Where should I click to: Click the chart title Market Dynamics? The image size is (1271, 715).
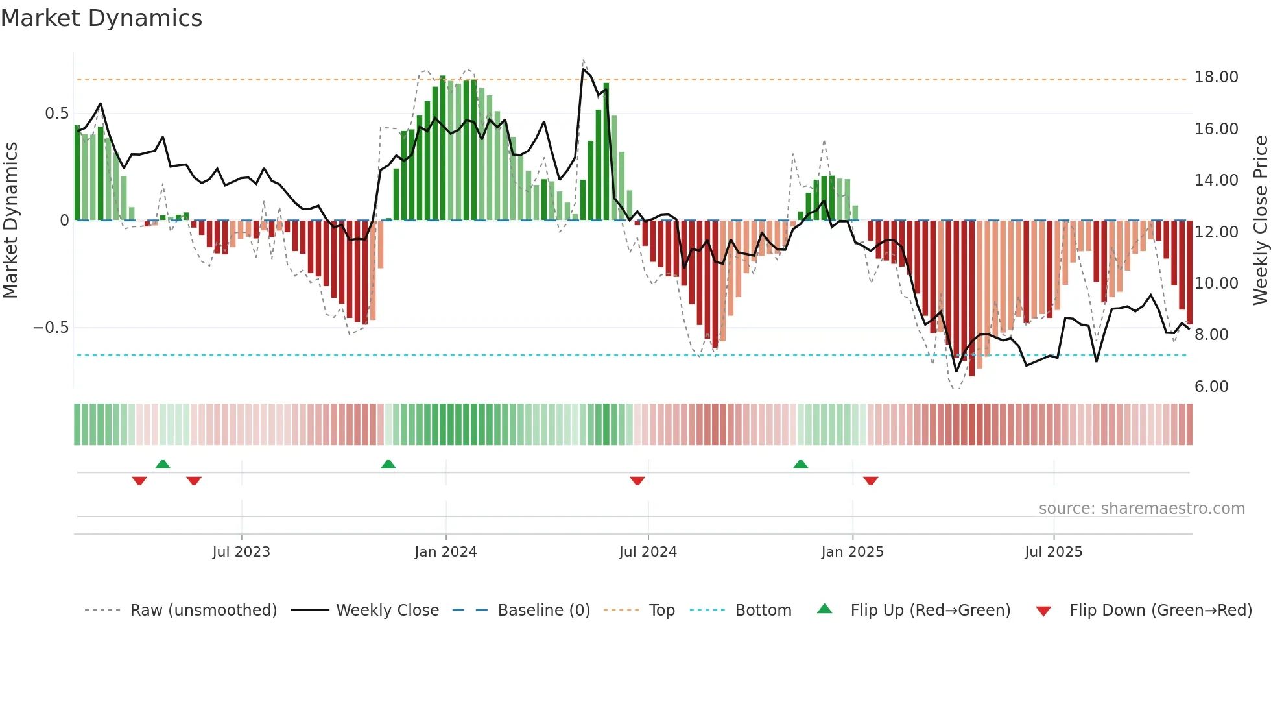pos(101,18)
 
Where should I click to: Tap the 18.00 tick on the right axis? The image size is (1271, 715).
pos(1216,77)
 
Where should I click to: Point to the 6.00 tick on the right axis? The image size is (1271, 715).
pos(1211,387)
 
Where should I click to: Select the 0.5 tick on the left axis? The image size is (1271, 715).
pos(56,114)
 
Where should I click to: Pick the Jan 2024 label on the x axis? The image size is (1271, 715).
pos(445,552)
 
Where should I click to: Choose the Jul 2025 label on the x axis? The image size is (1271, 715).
pos(1053,552)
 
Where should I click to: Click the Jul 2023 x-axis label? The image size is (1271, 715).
pos(241,552)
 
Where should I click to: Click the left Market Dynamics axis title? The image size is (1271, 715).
pos(10,221)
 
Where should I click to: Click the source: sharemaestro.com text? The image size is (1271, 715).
pos(1141,509)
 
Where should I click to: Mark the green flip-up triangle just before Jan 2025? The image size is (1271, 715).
pos(800,465)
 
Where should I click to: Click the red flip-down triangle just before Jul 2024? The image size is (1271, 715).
pos(637,481)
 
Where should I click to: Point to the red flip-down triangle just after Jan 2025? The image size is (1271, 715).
pos(870,481)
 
